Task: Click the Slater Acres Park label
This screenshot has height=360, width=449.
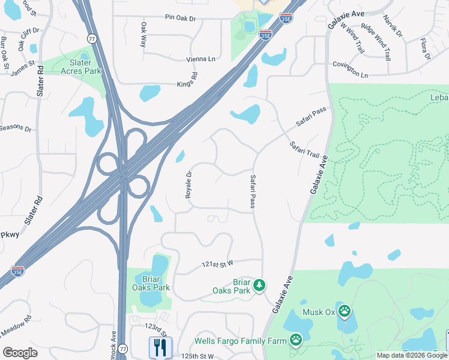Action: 81,67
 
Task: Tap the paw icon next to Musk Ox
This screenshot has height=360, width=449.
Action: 345,311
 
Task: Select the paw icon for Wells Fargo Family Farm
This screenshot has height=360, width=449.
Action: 296,340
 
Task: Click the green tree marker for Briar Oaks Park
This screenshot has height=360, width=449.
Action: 259,284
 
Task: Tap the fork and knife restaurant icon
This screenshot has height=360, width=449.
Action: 160,346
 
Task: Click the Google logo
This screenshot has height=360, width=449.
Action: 20,353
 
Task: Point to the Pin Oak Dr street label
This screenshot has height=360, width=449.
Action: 181,19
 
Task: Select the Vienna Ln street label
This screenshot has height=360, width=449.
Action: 200,59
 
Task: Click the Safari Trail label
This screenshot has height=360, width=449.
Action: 304,150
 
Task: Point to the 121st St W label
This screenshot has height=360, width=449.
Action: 217,264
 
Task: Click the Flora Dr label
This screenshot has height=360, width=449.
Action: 426,49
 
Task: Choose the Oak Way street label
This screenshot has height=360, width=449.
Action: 143,35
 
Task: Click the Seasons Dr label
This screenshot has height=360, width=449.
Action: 16,128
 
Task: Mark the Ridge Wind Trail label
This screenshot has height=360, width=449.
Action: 375,39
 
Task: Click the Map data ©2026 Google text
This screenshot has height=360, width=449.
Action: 411,355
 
